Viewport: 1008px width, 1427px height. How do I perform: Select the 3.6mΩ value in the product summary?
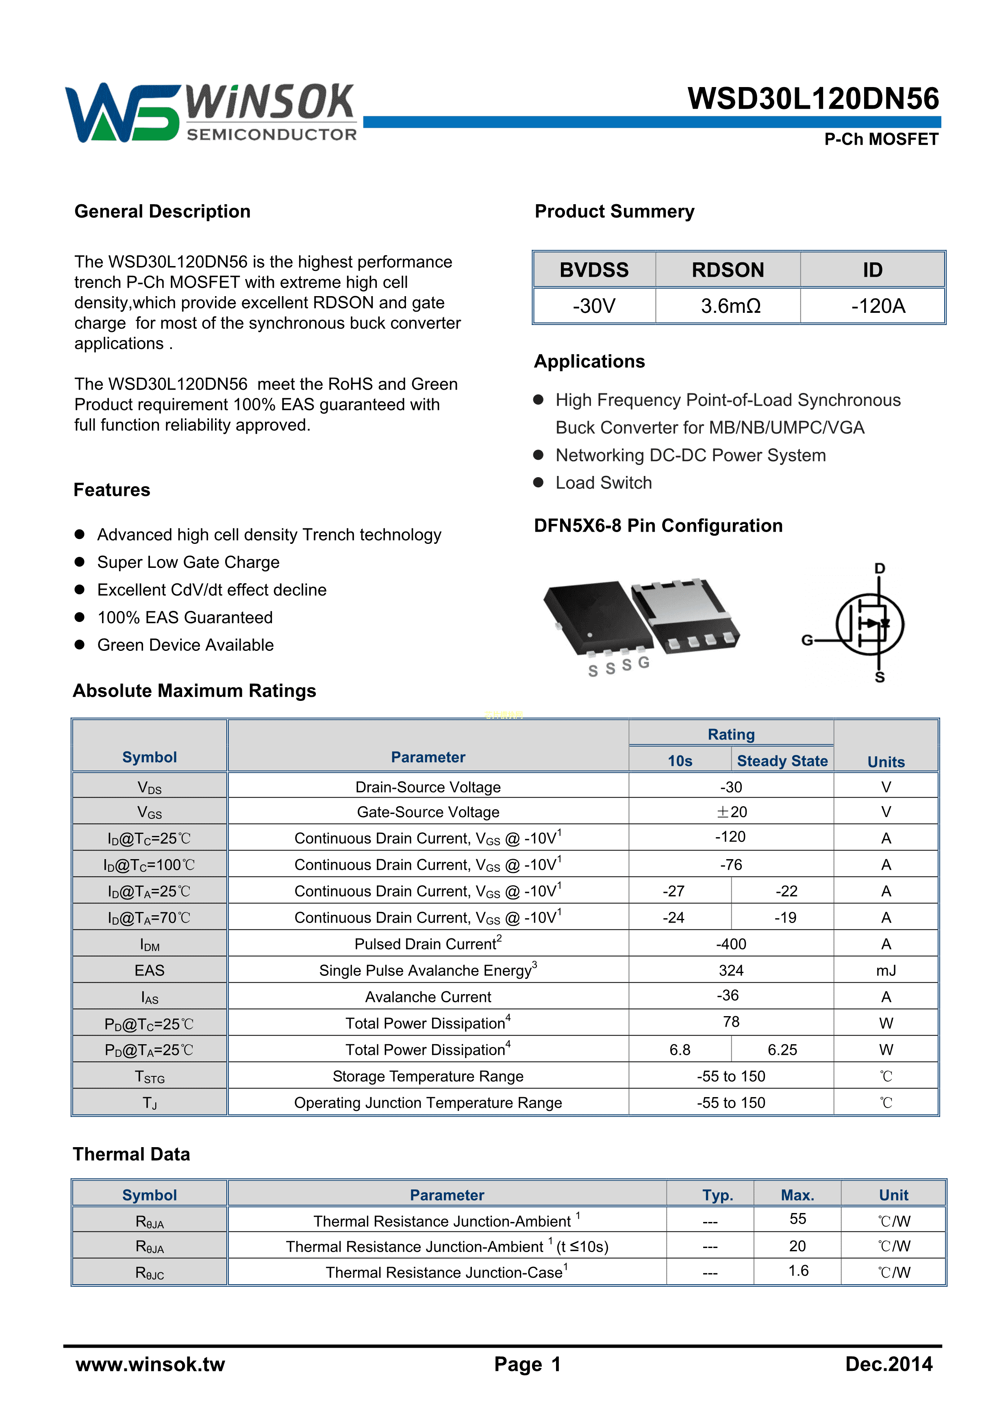pyautogui.click(x=730, y=306)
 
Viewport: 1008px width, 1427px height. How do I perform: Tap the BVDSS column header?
pyautogui.click(x=594, y=270)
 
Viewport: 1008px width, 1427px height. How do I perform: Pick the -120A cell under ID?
pyautogui.click(x=878, y=306)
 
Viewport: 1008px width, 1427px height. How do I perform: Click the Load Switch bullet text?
pyautogui.click(x=604, y=483)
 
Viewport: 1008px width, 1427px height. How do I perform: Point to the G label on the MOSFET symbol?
pyautogui.click(x=807, y=640)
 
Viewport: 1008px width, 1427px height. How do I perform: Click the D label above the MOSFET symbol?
pyautogui.click(x=880, y=568)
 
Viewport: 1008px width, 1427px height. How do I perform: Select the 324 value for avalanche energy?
pyautogui.click(x=731, y=970)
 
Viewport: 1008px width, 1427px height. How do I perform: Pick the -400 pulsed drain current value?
pyautogui.click(x=731, y=944)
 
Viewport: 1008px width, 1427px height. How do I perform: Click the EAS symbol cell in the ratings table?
pyautogui.click(x=150, y=970)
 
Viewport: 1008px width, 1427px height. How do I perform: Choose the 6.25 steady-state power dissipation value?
pyautogui.click(x=782, y=1050)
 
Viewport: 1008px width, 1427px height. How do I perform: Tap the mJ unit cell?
pyautogui.click(x=886, y=970)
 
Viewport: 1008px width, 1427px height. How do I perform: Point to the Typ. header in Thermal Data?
pyautogui.click(x=718, y=1195)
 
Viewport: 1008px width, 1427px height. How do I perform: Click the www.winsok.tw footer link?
pyautogui.click(x=150, y=1364)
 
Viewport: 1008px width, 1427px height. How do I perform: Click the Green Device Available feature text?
pyautogui.click(x=185, y=645)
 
